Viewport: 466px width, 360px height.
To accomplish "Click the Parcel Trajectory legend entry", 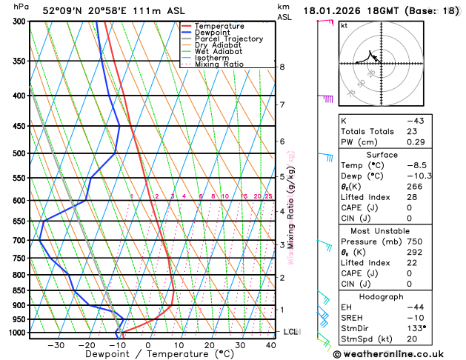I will click(x=228, y=39).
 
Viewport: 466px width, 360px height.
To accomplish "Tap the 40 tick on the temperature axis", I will click(x=271, y=345).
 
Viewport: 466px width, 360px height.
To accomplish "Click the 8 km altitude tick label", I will click(x=282, y=67).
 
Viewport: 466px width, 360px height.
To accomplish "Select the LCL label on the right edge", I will click(x=290, y=332).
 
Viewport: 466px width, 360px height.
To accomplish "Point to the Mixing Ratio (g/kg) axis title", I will click(x=292, y=207).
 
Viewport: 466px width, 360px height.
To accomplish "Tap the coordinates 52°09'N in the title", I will click(x=61, y=11).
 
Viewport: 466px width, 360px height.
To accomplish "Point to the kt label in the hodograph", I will click(x=344, y=26).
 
